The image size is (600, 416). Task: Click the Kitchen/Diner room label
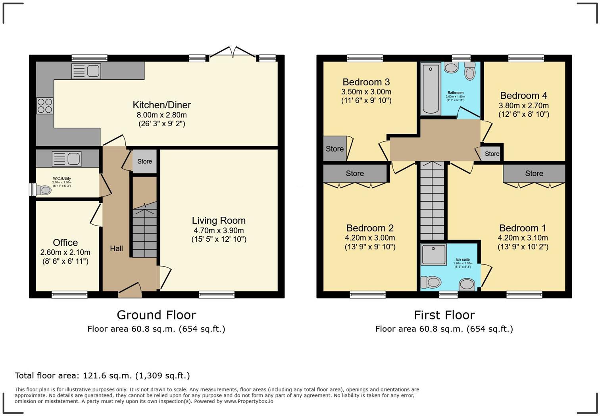tap(162, 105)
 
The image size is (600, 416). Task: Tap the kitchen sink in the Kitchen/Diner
tap(86, 71)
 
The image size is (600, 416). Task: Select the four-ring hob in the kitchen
tap(45, 106)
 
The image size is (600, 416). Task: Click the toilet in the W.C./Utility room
tap(43, 190)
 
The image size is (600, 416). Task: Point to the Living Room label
tap(219, 221)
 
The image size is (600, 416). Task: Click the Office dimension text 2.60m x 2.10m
tap(65, 252)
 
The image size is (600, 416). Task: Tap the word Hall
tap(116, 248)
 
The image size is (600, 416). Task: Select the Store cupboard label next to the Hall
tap(144, 162)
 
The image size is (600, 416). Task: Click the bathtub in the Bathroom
tap(431, 88)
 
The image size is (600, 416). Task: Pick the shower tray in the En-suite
tap(434, 254)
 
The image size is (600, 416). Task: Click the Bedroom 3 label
tap(366, 82)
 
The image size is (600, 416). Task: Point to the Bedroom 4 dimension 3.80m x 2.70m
tap(523, 106)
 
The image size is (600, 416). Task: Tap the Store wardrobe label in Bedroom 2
tap(354, 173)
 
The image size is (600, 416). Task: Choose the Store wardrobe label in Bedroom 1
tap(534, 173)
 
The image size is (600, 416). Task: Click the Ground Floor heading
tap(156, 315)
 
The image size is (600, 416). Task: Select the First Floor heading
tap(444, 315)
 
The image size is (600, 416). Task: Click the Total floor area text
tap(102, 376)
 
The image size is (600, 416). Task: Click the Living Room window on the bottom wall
tap(217, 295)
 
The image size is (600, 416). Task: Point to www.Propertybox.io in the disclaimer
tap(248, 401)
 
